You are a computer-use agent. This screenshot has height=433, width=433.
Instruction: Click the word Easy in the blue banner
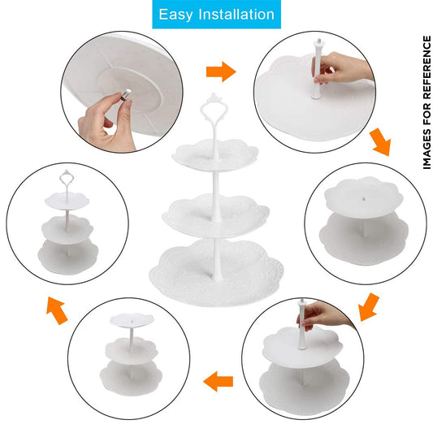point(175,15)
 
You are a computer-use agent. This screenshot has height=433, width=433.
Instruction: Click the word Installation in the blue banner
point(236,14)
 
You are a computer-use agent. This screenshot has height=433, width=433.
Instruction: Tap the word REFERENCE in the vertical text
point(427,67)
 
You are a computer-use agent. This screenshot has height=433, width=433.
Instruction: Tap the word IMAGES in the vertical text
point(427,149)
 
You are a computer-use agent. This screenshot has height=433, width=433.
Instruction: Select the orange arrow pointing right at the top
point(221,71)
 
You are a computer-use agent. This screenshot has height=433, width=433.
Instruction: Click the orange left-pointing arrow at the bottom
point(219,381)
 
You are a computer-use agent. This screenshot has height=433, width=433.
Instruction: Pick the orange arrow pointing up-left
point(57,310)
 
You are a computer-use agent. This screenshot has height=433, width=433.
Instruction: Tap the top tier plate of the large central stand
point(215,155)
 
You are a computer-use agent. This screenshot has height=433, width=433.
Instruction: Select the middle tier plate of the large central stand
point(216,214)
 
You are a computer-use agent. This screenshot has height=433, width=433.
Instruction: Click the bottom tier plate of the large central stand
point(216,273)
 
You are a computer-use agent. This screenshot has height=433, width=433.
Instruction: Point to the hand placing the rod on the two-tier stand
point(324,315)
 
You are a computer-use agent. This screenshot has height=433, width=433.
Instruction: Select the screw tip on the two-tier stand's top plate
point(364,198)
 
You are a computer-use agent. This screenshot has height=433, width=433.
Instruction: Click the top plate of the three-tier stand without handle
point(132,321)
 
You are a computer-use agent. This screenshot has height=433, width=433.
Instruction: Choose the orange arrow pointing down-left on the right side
point(369,307)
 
